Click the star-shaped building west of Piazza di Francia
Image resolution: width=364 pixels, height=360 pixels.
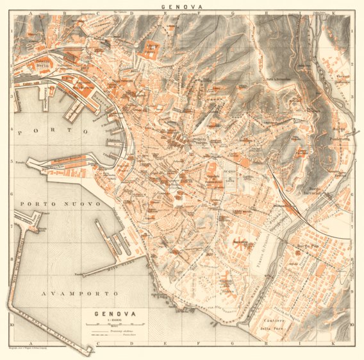240,244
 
